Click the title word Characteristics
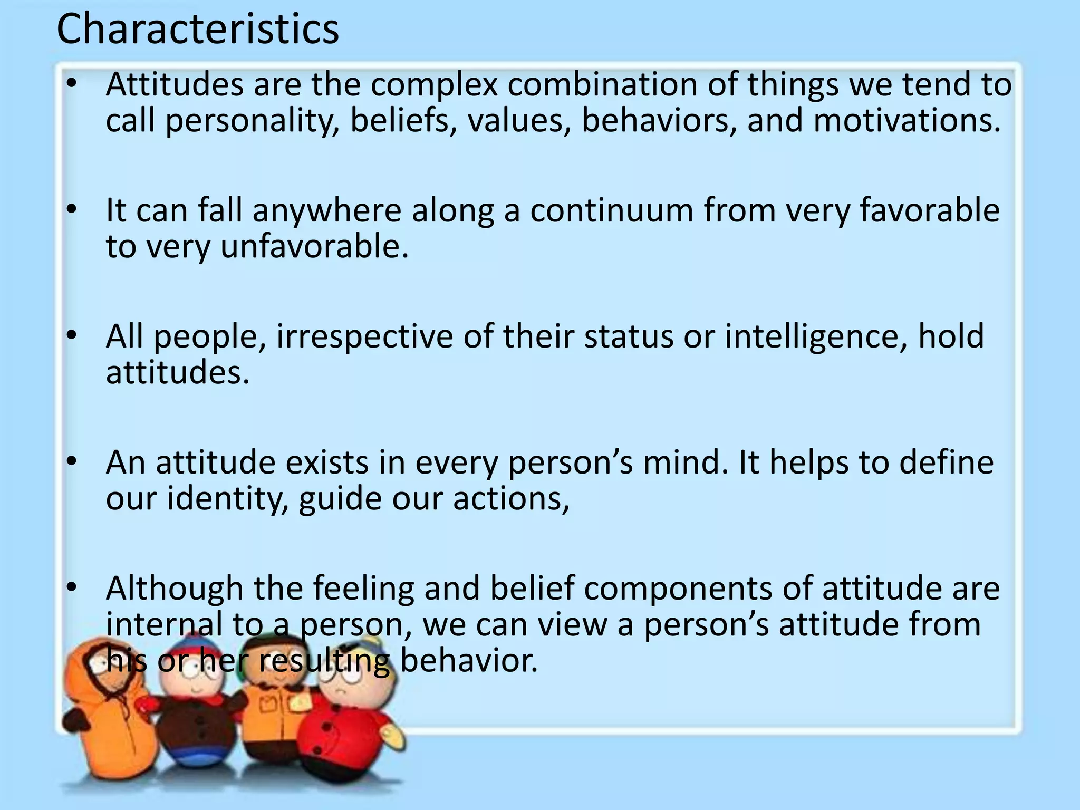tap(197, 29)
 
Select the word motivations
tap(907, 120)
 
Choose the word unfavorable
tap(314, 246)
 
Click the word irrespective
tap(364, 337)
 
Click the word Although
tap(174, 589)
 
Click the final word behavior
tap(469, 660)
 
